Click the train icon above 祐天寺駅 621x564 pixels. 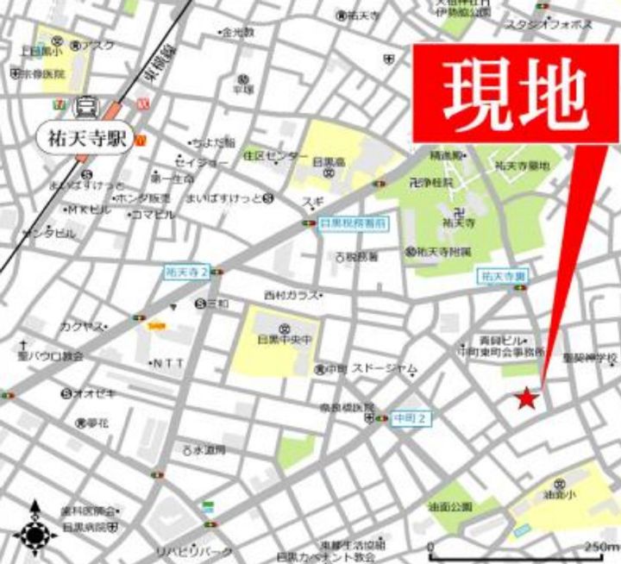[x=86, y=109]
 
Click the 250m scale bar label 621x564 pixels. [x=601, y=547]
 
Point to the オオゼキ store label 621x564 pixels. [x=93, y=393]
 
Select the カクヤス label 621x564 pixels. [x=82, y=326]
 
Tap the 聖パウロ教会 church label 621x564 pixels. [x=49, y=354]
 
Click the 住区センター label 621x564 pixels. [x=274, y=157]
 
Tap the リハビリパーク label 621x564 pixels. [x=193, y=550]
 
